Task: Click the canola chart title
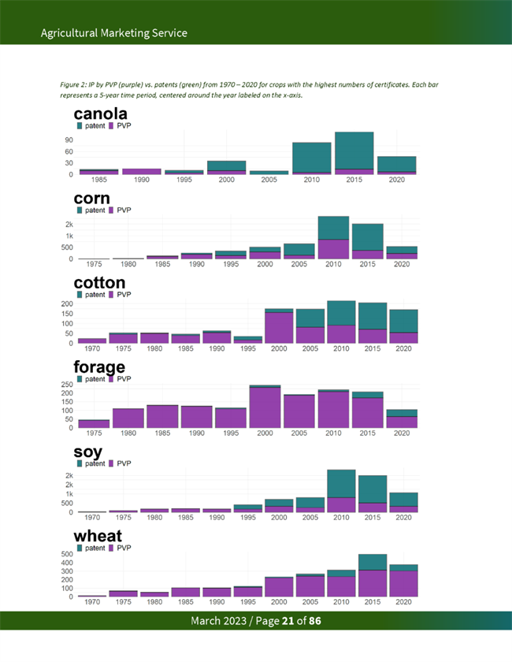pyautogui.click(x=100, y=115)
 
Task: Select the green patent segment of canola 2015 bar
pyautogui.click(x=354, y=150)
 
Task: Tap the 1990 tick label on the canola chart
pyautogui.click(x=142, y=180)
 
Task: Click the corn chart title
pyautogui.click(x=91, y=199)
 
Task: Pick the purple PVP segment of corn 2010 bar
pyautogui.click(x=333, y=249)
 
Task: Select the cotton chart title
pyautogui.click(x=99, y=283)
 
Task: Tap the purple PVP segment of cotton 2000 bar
pyautogui.click(x=278, y=328)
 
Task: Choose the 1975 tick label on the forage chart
pyautogui.click(x=93, y=433)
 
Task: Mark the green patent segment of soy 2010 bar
pyautogui.click(x=341, y=483)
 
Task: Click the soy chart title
pyautogui.click(x=88, y=452)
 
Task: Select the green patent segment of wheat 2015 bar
pyautogui.click(x=373, y=562)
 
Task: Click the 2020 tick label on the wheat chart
pyautogui.click(x=403, y=602)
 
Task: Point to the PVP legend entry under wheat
pyautogui.click(x=120, y=548)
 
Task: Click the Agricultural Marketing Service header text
pyautogui.click(x=113, y=33)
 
